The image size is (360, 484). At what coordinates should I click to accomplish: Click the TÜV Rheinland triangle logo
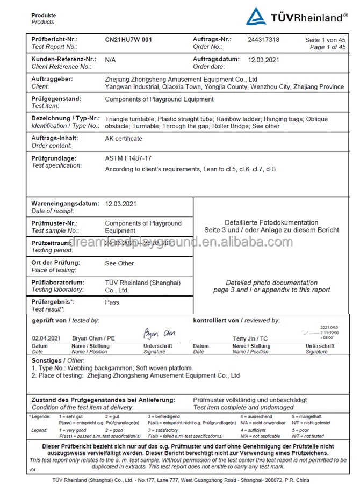coord(256,17)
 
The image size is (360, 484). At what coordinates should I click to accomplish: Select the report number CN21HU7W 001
coord(128,40)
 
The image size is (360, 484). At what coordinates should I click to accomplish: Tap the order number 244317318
coord(263,40)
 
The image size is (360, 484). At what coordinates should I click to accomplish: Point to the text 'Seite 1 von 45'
coord(325,40)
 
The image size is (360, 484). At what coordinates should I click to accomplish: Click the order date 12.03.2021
coord(263,60)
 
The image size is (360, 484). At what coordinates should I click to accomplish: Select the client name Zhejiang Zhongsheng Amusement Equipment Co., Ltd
coord(181,80)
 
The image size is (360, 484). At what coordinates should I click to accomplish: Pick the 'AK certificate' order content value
coord(124,139)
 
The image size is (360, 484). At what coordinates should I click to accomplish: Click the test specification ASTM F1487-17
coord(128,158)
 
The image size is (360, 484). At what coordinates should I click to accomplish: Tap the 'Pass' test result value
coord(112,302)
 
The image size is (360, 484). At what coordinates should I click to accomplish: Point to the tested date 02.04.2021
coord(46,339)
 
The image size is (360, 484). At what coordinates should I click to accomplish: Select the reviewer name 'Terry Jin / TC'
coord(250,339)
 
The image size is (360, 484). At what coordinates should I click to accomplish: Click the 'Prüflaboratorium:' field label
coord(57,283)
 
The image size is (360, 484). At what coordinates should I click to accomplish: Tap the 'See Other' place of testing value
coord(119,263)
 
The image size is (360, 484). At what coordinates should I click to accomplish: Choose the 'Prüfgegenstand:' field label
coord(56,99)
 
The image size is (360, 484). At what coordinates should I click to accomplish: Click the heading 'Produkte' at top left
coord(44,16)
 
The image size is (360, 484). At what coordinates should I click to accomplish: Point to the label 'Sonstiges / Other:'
coord(57,360)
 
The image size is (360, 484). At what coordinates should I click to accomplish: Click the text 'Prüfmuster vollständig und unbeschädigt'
coord(250,400)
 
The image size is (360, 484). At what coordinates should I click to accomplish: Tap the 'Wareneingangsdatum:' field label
coord(65,204)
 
